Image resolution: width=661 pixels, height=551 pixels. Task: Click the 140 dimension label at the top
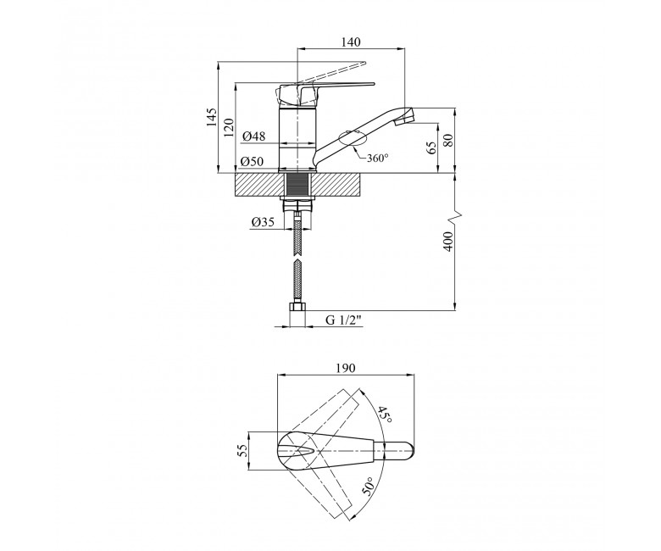351,42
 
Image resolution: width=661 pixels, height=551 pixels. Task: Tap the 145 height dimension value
211,117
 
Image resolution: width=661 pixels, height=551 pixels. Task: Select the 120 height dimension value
229,127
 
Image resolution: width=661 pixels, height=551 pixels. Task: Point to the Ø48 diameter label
253,136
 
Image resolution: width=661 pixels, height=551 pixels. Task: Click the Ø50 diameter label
252,161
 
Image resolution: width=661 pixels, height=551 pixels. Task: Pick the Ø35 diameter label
263,222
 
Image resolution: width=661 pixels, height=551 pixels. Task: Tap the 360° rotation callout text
377,158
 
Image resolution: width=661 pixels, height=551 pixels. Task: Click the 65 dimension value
431,147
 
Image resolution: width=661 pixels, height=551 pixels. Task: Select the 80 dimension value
448,140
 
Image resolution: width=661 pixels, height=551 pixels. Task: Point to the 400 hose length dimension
448,241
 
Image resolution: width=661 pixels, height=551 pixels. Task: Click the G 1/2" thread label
344,320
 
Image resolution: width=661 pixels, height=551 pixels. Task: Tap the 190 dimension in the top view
346,368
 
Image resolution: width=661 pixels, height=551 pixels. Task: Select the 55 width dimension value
242,451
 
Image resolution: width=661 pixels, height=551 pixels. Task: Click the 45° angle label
385,415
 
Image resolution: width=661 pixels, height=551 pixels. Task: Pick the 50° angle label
368,487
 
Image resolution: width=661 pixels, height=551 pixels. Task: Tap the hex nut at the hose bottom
297,307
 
